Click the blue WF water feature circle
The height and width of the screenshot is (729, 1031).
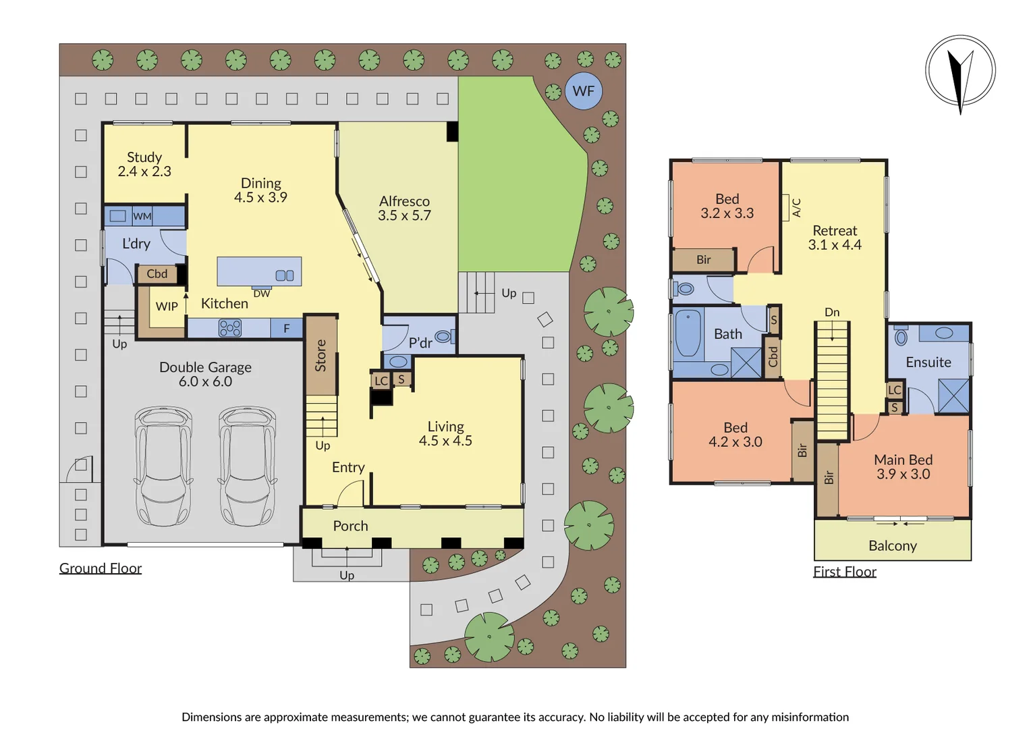point(583,91)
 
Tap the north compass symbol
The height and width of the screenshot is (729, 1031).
point(960,70)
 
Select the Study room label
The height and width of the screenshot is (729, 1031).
point(144,157)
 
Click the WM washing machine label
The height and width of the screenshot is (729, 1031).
point(142,217)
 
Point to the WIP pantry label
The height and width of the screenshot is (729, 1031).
point(167,306)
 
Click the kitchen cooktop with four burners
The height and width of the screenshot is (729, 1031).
point(230,329)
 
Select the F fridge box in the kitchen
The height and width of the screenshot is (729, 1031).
point(286,329)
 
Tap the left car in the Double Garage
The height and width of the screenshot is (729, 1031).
point(163,465)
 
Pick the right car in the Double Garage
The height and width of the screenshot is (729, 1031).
point(247,465)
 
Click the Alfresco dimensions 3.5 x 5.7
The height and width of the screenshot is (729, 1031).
point(404,216)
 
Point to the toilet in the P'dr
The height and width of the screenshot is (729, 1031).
point(444,336)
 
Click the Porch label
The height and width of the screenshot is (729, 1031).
point(350,526)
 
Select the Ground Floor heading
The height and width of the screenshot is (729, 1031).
point(101,568)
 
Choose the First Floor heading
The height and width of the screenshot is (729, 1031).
point(844,572)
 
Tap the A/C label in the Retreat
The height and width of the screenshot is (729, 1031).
point(796,207)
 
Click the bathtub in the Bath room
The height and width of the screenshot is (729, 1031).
point(688,333)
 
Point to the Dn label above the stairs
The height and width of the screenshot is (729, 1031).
point(832,313)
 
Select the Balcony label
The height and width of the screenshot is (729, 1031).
point(892,546)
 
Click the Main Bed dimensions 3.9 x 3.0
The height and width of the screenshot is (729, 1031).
point(903,475)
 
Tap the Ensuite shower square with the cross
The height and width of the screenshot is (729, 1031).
point(953,396)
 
